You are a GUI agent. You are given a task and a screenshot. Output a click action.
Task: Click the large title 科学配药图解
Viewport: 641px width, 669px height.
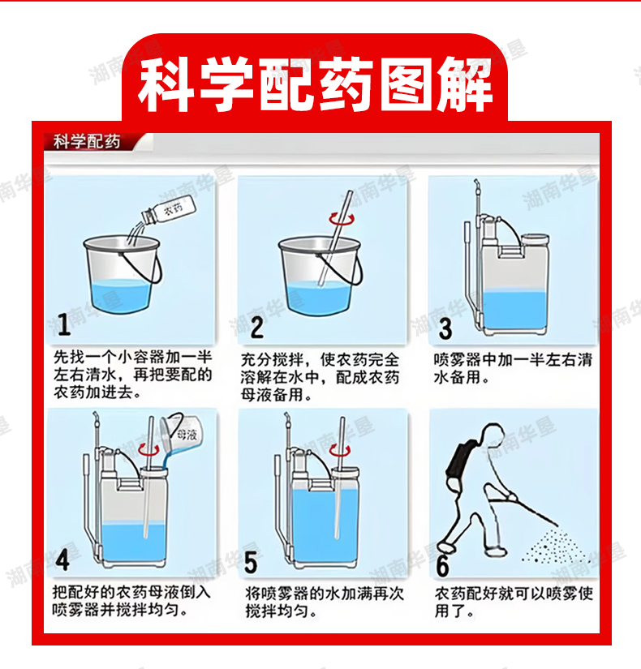[x=315, y=84]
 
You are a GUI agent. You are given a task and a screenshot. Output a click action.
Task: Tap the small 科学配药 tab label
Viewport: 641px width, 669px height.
[x=87, y=142]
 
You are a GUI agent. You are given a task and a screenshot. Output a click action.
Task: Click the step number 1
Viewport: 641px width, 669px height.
[x=64, y=324]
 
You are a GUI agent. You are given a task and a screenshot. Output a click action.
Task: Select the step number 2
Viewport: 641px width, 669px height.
[x=256, y=328]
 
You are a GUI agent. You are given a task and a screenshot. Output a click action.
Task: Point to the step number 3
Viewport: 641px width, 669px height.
[x=445, y=328]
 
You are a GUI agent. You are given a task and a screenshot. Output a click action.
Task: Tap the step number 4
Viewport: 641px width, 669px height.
[x=62, y=560]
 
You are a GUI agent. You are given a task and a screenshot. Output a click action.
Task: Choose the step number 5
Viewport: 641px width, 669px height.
[x=251, y=562]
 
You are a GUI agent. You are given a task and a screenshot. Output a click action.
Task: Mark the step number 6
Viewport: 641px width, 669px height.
[x=442, y=565]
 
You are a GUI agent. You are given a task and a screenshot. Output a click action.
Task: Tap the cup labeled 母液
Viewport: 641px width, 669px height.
[x=179, y=432]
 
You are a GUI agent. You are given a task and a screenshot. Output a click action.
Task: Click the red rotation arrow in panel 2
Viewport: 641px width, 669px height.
[x=342, y=219]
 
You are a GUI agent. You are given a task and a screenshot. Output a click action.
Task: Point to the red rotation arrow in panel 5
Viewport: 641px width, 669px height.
[x=340, y=450]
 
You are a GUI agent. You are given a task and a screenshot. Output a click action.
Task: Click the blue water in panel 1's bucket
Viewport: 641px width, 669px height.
[x=122, y=296]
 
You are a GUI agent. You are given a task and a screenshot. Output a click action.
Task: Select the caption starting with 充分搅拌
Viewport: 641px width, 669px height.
[x=320, y=377]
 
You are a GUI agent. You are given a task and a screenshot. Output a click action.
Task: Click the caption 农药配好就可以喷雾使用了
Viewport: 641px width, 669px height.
[x=514, y=602]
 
